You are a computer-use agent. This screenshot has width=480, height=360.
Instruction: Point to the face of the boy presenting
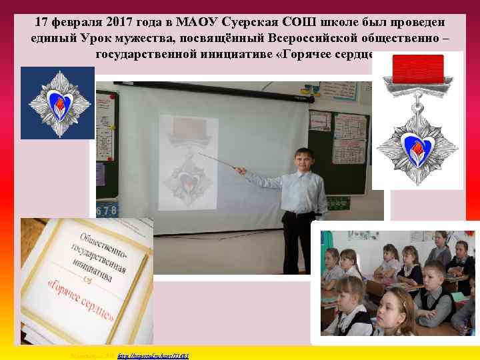tap(303, 159)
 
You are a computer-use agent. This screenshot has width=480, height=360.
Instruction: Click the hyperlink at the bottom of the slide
tap(153, 356)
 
